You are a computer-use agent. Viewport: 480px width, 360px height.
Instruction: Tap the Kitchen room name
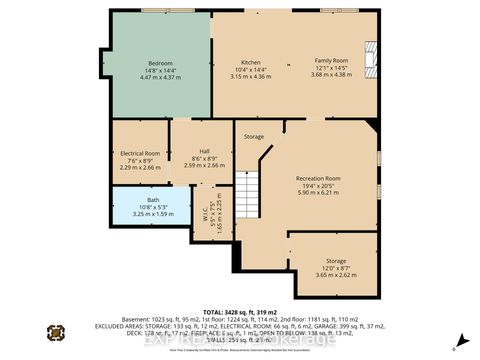click(236, 62)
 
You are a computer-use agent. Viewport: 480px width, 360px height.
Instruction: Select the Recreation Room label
click(318, 178)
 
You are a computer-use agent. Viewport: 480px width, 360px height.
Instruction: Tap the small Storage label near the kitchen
click(254, 136)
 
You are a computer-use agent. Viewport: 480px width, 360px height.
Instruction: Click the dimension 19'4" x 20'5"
click(318, 186)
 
